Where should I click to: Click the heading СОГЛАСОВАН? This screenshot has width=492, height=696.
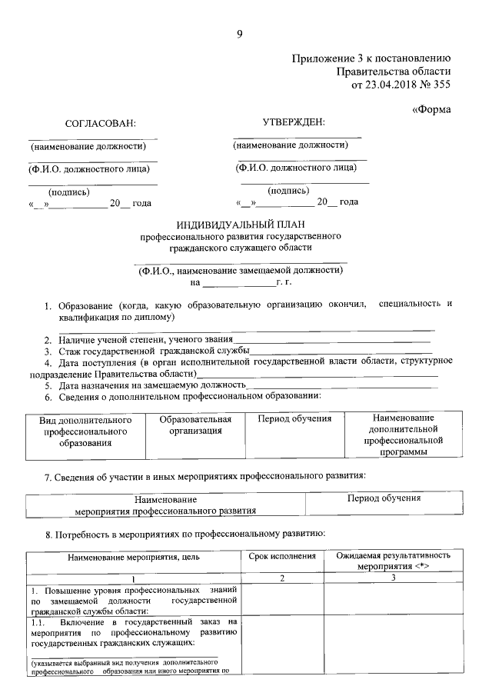click(x=100, y=123)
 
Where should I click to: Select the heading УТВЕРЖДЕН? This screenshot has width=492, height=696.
click(x=294, y=122)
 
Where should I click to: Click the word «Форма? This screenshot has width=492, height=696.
click(x=431, y=109)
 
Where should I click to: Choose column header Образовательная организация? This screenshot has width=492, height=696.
click(x=195, y=425)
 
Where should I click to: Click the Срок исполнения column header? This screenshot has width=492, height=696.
click(x=282, y=555)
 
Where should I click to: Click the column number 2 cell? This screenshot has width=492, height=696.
click(x=281, y=578)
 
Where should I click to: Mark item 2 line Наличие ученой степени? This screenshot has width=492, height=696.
click(x=138, y=339)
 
